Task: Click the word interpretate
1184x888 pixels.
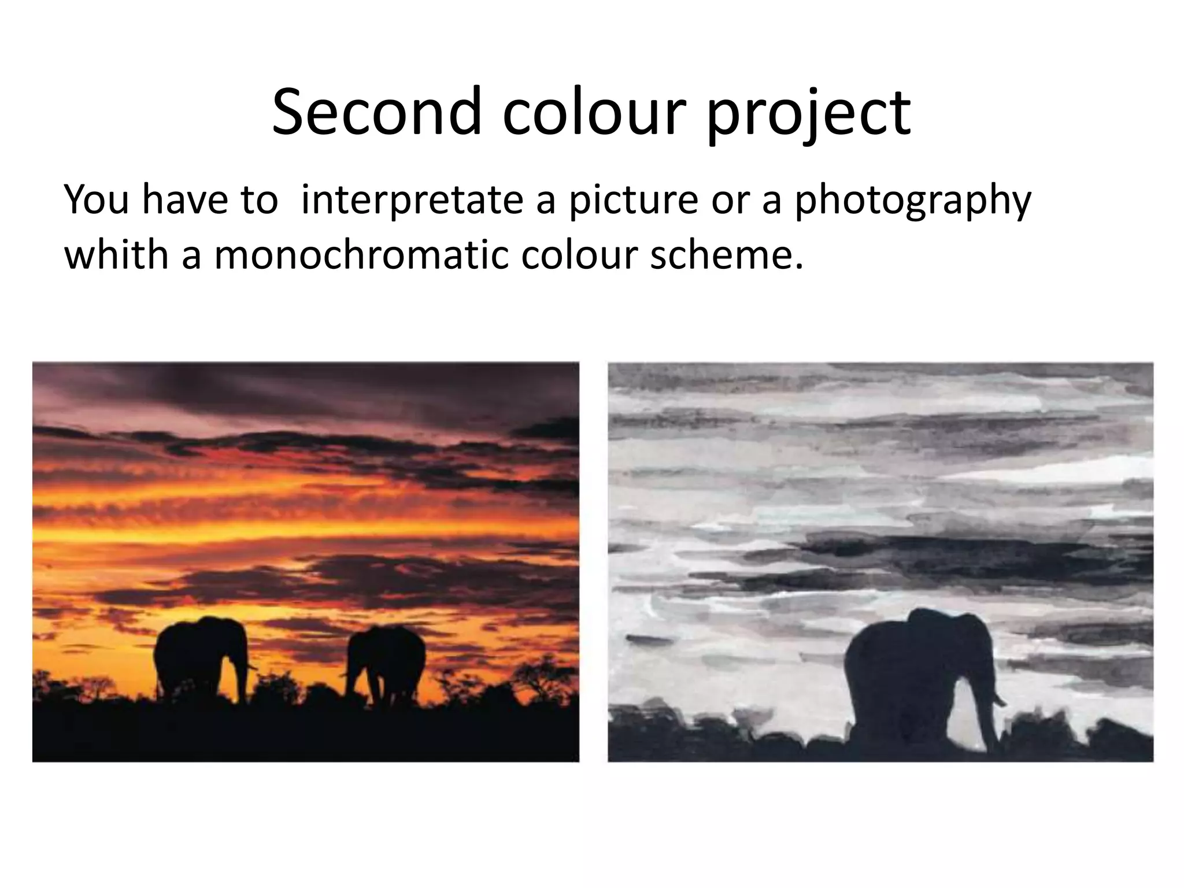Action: (412, 199)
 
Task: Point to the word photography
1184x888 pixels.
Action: (913, 199)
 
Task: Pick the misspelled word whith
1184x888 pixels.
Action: (116, 254)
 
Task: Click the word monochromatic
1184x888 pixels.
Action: (361, 254)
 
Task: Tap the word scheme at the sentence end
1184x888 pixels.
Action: (726, 254)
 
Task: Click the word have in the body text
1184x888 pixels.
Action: (180, 199)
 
